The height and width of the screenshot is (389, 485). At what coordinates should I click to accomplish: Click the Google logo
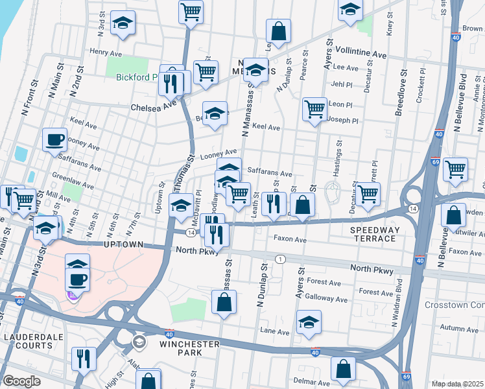pyautogui.click(x=21, y=381)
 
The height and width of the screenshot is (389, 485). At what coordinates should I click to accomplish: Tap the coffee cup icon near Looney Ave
pyautogui.click(x=54, y=139)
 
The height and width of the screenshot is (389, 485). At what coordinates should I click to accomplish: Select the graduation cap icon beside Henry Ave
pyautogui.click(x=123, y=23)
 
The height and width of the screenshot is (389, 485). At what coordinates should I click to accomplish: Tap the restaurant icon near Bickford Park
pyautogui.click(x=171, y=80)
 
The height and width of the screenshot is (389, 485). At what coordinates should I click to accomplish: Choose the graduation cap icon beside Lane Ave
pyautogui.click(x=309, y=322)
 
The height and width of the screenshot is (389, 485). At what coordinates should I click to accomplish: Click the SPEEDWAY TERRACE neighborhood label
pyautogui.click(x=382, y=235)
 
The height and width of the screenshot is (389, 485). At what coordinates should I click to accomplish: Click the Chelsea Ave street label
pyautogui.click(x=153, y=106)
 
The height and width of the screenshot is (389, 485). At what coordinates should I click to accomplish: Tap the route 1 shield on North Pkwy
pyautogui.click(x=279, y=259)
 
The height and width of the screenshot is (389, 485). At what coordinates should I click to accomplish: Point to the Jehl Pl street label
pyautogui.click(x=340, y=84)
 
